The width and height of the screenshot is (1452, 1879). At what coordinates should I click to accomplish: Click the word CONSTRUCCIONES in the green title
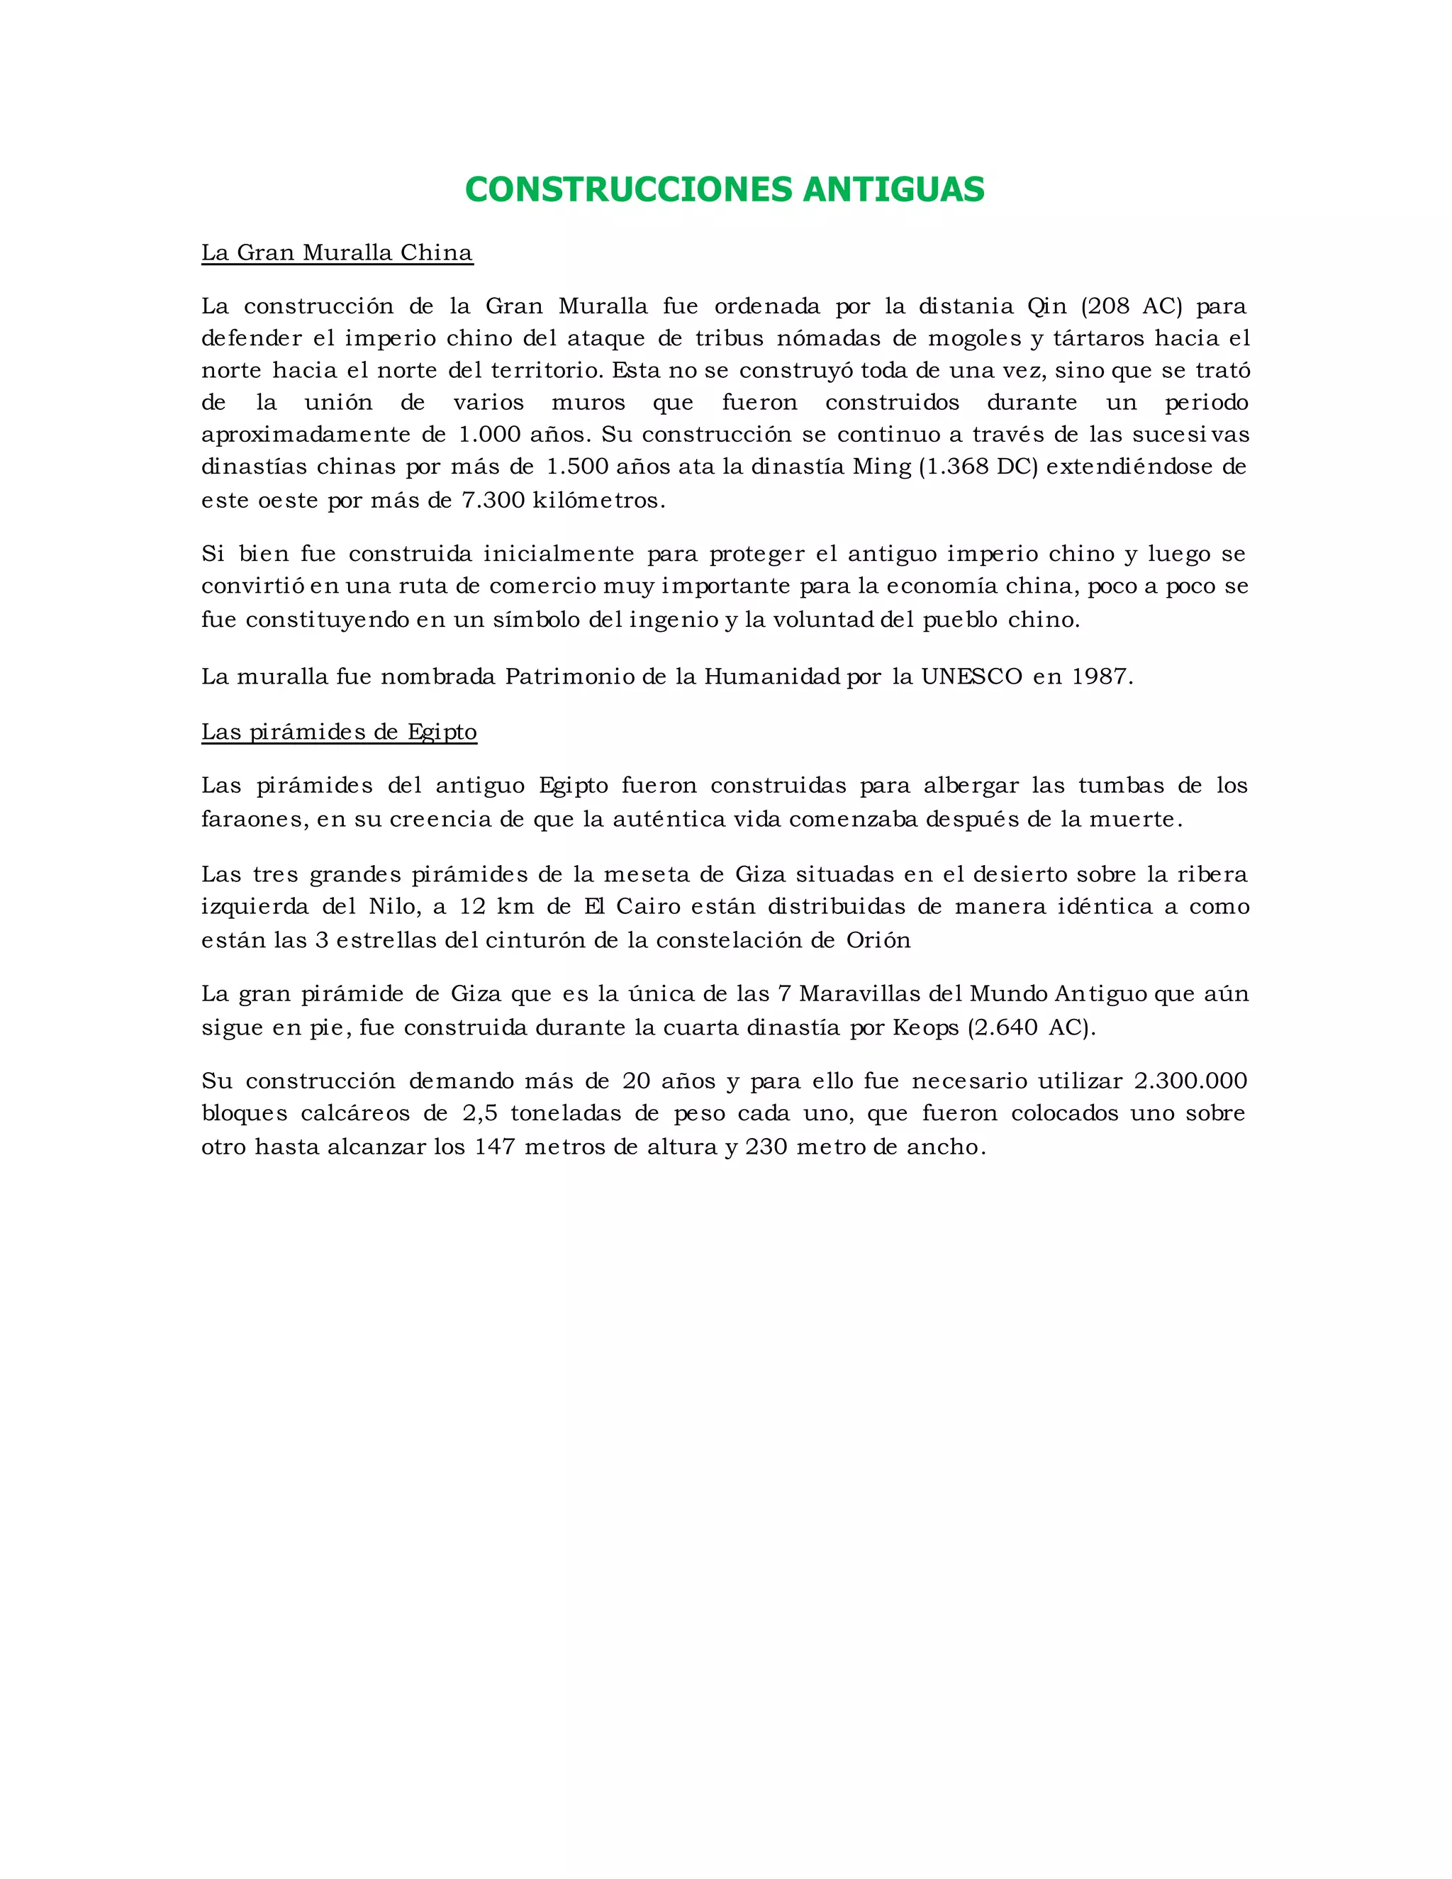tap(629, 189)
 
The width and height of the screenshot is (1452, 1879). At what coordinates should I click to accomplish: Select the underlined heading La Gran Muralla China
tap(337, 253)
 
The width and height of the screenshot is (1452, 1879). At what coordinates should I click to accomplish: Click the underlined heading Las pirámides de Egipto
tap(339, 732)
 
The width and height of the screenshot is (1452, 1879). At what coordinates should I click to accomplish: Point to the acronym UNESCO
tap(972, 677)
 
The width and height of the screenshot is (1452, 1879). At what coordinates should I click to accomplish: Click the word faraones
tap(254, 819)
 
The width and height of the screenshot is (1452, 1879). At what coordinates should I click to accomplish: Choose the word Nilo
tap(395, 907)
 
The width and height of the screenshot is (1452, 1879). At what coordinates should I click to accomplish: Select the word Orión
tap(878, 940)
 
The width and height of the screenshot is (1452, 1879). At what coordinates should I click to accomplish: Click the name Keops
tap(925, 1028)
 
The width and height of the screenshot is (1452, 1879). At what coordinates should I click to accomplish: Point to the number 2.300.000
tap(1190, 1081)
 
